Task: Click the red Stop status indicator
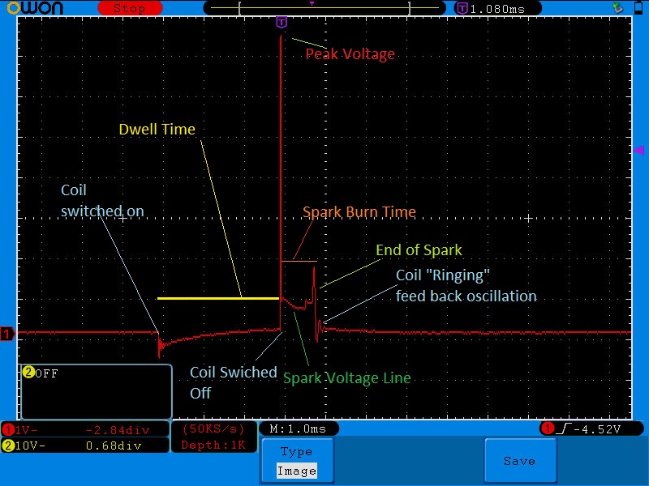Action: (130, 8)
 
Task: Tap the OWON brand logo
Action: (35, 8)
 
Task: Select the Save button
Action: (520, 460)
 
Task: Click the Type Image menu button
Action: (297, 460)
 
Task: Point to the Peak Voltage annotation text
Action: (350, 54)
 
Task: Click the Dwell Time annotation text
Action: (157, 130)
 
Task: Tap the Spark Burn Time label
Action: (359, 211)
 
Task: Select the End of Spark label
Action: (419, 250)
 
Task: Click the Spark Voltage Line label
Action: (347, 378)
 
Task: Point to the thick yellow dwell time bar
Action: (218, 298)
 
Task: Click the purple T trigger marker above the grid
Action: (282, 22)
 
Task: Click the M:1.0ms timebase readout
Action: (298, 429)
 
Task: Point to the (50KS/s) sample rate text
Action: (213, 429)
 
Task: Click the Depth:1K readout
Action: (213, 445)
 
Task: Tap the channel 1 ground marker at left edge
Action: (7, 333)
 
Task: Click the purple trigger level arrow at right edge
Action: (638, 150)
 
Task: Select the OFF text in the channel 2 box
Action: (47, 374)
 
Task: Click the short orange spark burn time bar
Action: (299, 261)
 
